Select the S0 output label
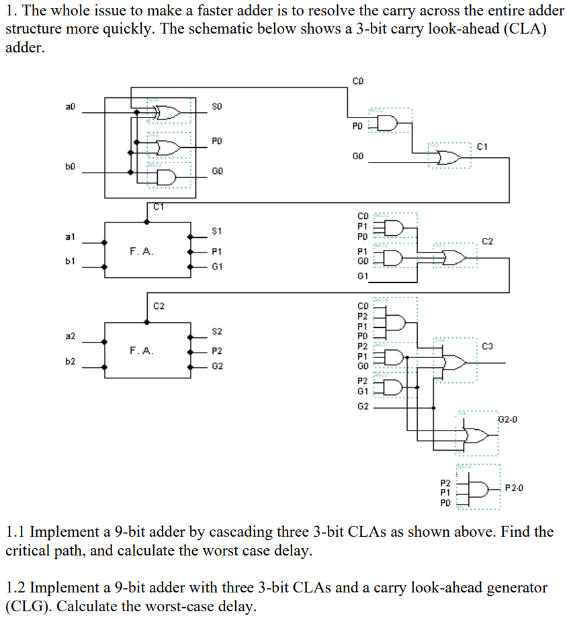click(216, 106)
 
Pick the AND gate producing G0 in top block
click(165, 177)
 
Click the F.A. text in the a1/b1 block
click(142, 252)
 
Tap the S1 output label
click(216, 231)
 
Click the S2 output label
click(216, 331)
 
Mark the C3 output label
click(488, 346)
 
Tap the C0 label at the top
click(357, 81)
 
